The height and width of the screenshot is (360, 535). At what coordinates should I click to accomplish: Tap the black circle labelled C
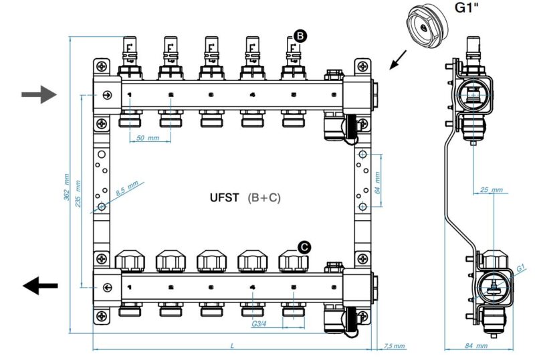(x=304, y=247)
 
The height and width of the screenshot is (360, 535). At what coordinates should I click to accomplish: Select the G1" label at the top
(x=468, y=9)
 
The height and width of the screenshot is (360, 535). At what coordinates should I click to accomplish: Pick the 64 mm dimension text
(x=377, y=179)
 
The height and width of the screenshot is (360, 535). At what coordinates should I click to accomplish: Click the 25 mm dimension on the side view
(x=492, y=191)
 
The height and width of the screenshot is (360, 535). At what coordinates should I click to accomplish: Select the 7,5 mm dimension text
(x=395, y=346)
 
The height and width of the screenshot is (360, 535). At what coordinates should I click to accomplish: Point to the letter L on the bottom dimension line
(x=232, y=345)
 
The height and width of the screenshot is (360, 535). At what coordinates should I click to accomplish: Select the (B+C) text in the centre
(x=263, y=198)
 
